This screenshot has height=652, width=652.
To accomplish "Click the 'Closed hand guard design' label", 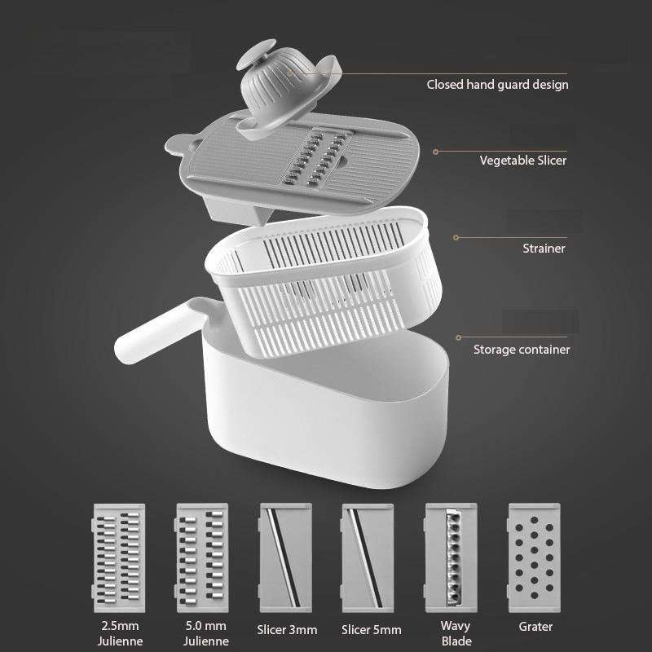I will [497, 84].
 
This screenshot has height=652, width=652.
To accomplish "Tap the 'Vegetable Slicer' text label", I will [522, 161].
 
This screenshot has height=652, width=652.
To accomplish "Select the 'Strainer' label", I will [544, 248].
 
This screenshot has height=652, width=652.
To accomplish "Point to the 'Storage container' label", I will [522, 350].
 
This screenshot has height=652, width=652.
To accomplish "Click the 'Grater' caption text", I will [535, 627].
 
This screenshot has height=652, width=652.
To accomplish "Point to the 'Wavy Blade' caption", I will [456, 634].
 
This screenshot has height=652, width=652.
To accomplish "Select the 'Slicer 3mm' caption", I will [286, 629].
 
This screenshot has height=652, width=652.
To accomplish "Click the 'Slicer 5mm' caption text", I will [371, 629].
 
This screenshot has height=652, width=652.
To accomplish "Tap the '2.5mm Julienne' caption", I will [119, 634].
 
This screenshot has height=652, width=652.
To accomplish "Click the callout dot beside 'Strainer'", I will [456, 238].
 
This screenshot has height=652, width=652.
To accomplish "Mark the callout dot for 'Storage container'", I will [459, 337].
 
